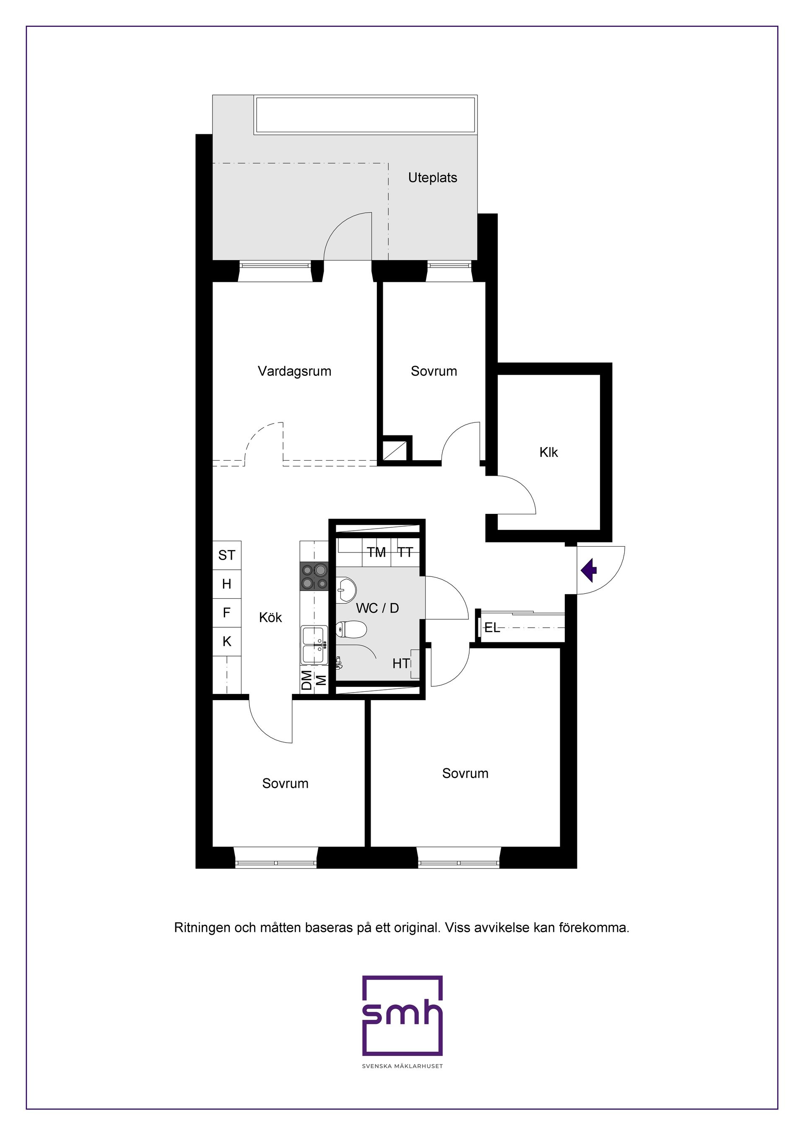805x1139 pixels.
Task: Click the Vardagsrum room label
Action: (294, 372)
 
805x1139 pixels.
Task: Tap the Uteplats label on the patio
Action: (433, 177)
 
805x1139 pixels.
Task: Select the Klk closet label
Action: (549, 452)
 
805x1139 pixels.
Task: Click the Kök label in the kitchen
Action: (271, 617)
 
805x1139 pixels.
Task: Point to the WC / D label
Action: (377, 608)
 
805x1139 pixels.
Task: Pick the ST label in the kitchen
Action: (226, 555)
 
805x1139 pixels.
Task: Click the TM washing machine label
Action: (377, 552)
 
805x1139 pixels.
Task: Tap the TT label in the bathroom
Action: (405, 552)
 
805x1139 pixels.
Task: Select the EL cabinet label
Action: (492, 628)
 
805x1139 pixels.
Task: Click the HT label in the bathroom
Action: (401, 663)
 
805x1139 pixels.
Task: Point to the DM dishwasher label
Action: (307, 680)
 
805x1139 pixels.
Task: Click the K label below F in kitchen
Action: (227, 641)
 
